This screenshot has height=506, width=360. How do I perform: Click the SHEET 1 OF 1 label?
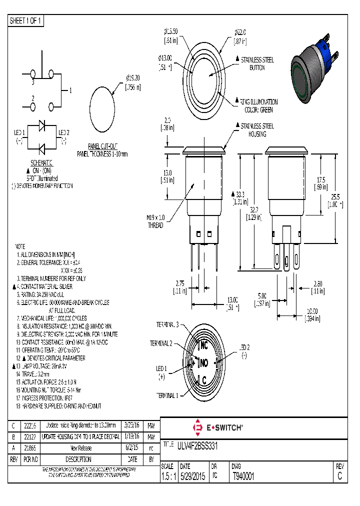[26, 20]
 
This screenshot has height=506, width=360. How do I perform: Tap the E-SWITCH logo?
[218, 427]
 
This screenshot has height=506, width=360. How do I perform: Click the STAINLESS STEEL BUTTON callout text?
[257, 63]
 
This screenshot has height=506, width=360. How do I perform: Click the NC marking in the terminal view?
[203, 345]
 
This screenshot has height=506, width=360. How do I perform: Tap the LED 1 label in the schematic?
[19, 132]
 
